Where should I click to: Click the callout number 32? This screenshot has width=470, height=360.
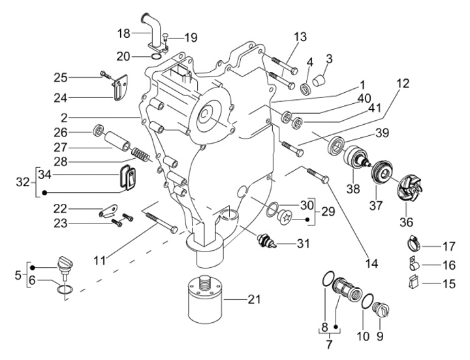click(25, 183)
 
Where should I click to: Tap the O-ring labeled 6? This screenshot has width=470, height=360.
click(63, 289)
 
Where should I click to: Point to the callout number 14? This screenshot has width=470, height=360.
click(371, 265)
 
